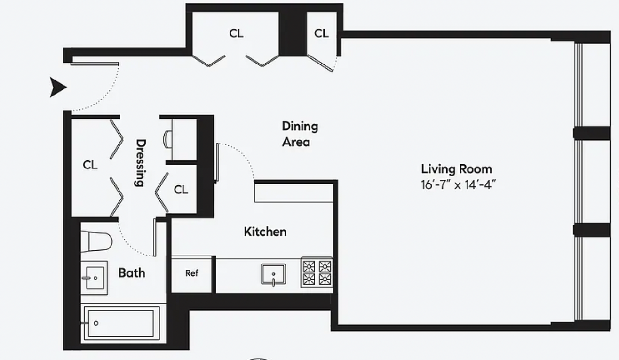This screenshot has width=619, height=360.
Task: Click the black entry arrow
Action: [58, 88]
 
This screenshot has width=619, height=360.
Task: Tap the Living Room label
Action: [457, 169]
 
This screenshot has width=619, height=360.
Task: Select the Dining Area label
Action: [300, 134]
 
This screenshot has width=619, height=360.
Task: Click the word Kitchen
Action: [265, 232]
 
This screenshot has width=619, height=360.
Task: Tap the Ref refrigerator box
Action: [191, 274]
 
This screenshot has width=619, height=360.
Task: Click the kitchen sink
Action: [273, 274]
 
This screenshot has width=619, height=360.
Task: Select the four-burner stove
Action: [317, 272]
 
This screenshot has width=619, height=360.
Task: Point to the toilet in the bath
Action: [96, 242]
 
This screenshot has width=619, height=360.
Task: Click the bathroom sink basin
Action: [94, 278]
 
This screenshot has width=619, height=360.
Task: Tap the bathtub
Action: [121, 323]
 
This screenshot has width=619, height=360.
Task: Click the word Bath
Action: [132, 273]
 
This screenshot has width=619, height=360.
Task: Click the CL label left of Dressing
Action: [90, 165]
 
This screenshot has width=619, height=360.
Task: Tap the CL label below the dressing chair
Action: [181, 190]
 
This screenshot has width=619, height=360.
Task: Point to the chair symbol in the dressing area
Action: [167, 139]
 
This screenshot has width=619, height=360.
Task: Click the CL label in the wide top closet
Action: [236, 33]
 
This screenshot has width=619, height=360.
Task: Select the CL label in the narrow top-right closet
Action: [321, 33]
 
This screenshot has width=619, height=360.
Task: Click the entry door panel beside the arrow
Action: [95, 64]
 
